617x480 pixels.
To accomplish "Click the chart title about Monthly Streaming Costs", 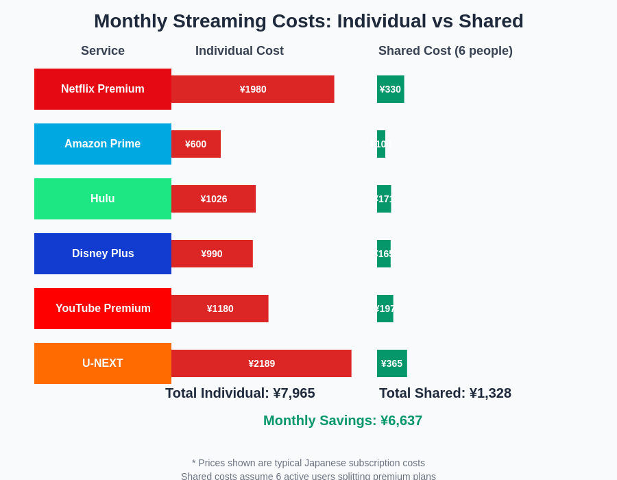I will point(308,21).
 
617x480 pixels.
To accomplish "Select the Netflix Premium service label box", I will point(103,89).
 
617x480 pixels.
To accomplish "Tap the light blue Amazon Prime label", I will point(103,144).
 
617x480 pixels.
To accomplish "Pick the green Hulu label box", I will point(103,199).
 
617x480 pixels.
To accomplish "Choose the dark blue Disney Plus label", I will point(103,254).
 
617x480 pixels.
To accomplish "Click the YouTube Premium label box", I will point(103,309).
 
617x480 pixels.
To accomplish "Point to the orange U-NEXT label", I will point(103,363).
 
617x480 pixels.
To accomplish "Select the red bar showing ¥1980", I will point(252,89).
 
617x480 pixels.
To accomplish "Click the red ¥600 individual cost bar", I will point(196,144).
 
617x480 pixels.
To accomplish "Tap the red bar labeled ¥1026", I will point(213,199).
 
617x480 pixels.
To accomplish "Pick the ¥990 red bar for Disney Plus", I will point(212,254).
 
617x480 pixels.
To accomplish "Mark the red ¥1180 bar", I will point(219,309).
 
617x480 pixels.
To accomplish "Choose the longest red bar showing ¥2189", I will point(261,363).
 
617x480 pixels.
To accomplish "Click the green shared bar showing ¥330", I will point(390,89).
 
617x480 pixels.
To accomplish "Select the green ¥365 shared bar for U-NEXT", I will point(391,363).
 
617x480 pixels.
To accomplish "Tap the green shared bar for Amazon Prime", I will point(381,144).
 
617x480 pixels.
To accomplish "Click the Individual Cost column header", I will point(239,51).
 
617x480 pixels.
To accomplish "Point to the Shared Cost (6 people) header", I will point(445,51).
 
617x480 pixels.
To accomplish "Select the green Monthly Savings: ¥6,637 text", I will point(343,420).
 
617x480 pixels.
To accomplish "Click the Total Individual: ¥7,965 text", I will point(240,393).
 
